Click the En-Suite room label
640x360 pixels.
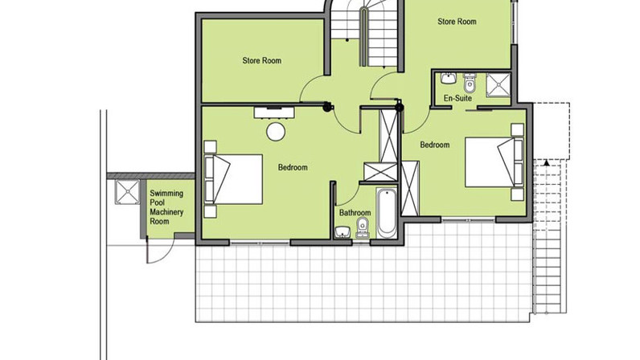pos(457,98)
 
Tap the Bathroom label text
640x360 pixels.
pos(355,213)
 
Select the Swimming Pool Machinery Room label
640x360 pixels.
pos(166,207)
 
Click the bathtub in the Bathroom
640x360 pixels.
pos(386,214)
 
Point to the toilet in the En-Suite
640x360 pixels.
pos(470,83)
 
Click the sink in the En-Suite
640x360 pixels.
pos(449,78)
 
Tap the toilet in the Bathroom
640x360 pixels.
pos(362,227)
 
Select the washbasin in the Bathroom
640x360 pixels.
pos(342,232)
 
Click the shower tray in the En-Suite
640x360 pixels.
pos(498,85)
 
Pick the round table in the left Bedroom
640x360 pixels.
pos(276,132)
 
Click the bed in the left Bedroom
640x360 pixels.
pos(233,179)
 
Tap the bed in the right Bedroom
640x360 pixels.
pos(494,162)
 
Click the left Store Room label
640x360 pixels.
pos(261,61)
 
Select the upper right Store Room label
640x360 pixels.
pos(457,22)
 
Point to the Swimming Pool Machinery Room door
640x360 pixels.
pos(161,250)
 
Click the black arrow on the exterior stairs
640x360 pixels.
pos(547,163)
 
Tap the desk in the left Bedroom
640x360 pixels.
pos(274,112)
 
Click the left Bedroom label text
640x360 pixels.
pos(293,167)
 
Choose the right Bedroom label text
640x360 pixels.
pos(435,145)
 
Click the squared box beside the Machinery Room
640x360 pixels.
pos(127,191)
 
